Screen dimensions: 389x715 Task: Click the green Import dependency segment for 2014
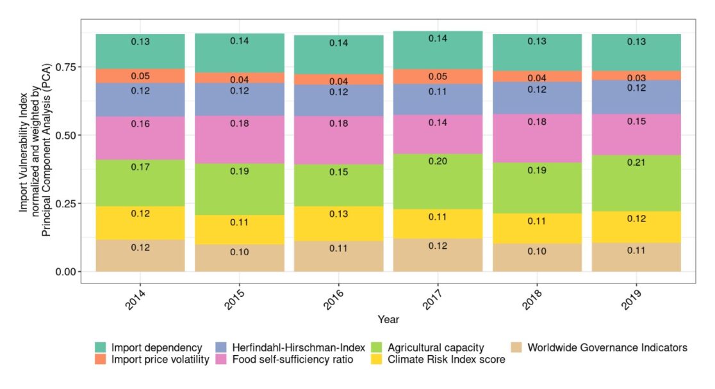pos(140,51)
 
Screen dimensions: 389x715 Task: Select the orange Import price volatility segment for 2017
pos(437,76)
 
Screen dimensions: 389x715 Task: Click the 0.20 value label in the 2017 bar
pos(437,161)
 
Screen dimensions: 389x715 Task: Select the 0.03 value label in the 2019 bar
pos(636,77)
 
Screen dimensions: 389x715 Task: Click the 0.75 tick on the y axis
pos(78,67)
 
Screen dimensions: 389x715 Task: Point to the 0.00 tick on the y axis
pos(78,271)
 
